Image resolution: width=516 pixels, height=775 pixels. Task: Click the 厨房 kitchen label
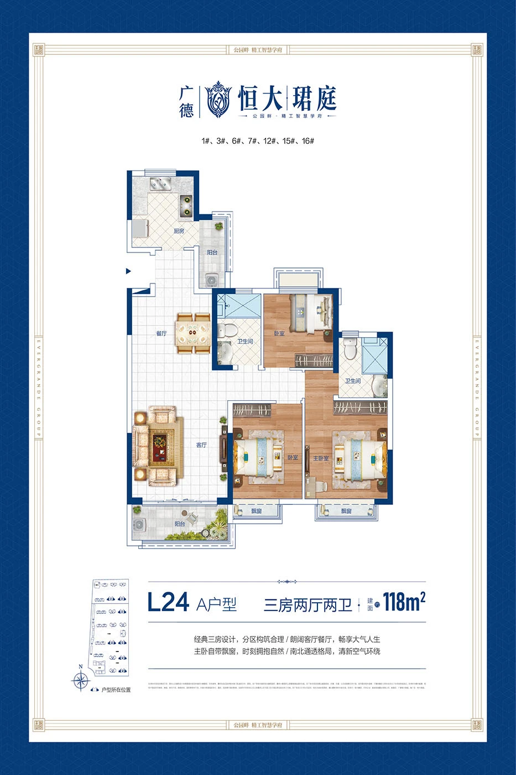click(x=179, y=231)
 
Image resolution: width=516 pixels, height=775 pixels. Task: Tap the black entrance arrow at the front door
click(x=128, y=271)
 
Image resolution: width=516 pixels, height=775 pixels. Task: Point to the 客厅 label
click(x=201, y=445)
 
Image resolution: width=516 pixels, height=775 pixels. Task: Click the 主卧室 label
click(x=321, y=458)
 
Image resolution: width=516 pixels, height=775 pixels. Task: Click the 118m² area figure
click(x=403, y=602)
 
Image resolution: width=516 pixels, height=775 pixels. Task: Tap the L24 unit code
click(x=168, y=602)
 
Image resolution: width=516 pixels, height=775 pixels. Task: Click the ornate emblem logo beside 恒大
click(x=218, y=100)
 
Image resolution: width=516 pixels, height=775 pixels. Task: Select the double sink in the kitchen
click(x=160, y=182)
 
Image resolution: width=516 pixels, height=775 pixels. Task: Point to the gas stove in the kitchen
click(x=186, y=205)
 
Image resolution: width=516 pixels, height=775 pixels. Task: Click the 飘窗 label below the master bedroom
click(x=346, y=511)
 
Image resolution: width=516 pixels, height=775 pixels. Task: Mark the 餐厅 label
click(x=161, y=333)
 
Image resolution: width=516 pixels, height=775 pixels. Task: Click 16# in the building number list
click(x=308, y=141)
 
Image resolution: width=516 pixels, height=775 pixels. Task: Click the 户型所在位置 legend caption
click(x=116, y=690)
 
